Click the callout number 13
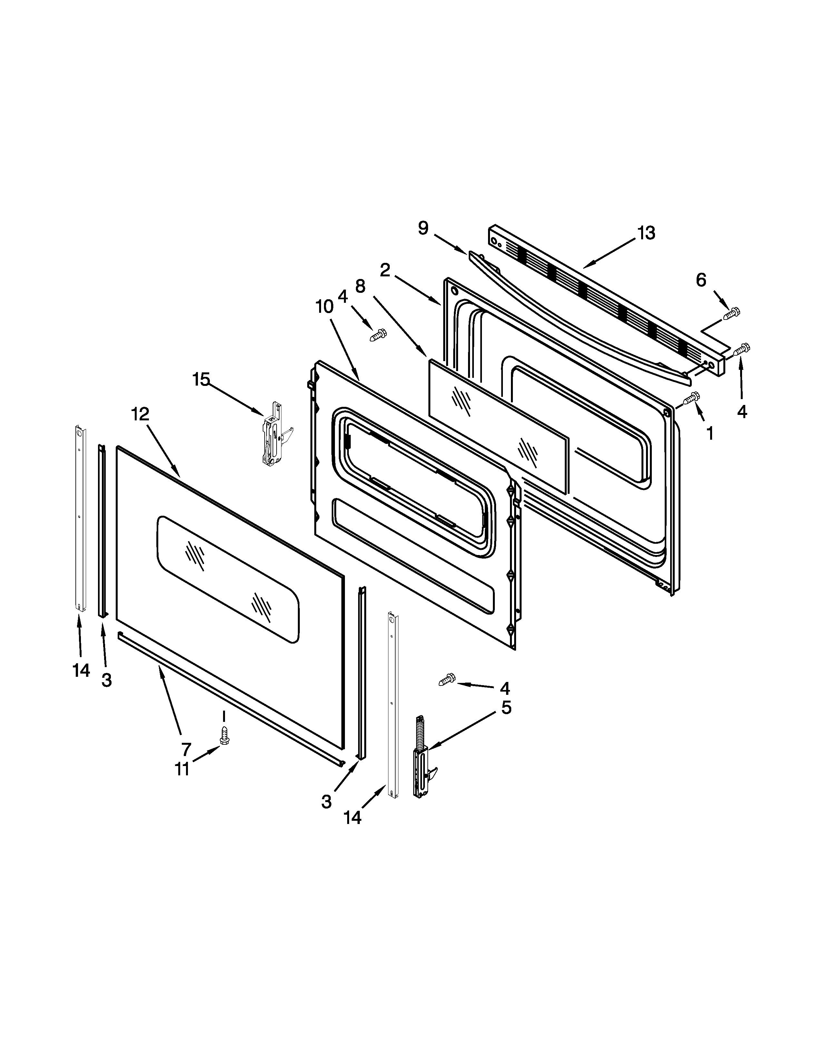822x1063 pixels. point(646,234)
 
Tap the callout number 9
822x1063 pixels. point(423,228)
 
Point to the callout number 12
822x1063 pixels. point(140,414)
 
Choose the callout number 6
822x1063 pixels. point(701,280)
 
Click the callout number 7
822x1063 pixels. point(186,749)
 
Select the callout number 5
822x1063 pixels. point(506,707)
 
